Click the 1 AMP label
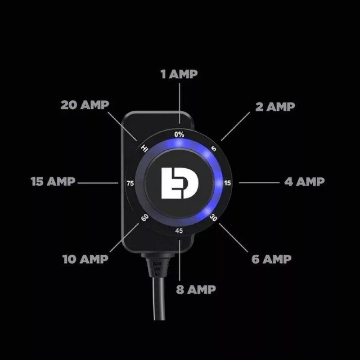179,74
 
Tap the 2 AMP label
274,107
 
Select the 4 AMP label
304,182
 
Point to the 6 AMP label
270,259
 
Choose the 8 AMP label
195,289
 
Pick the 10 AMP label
85,259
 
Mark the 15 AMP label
53,182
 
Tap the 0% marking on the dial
180,134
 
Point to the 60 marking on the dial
145,217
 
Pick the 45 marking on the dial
179,231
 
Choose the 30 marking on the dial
214,217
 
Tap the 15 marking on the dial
227,183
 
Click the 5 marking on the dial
214,148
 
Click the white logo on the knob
180,182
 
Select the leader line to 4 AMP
259,182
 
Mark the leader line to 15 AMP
97,182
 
